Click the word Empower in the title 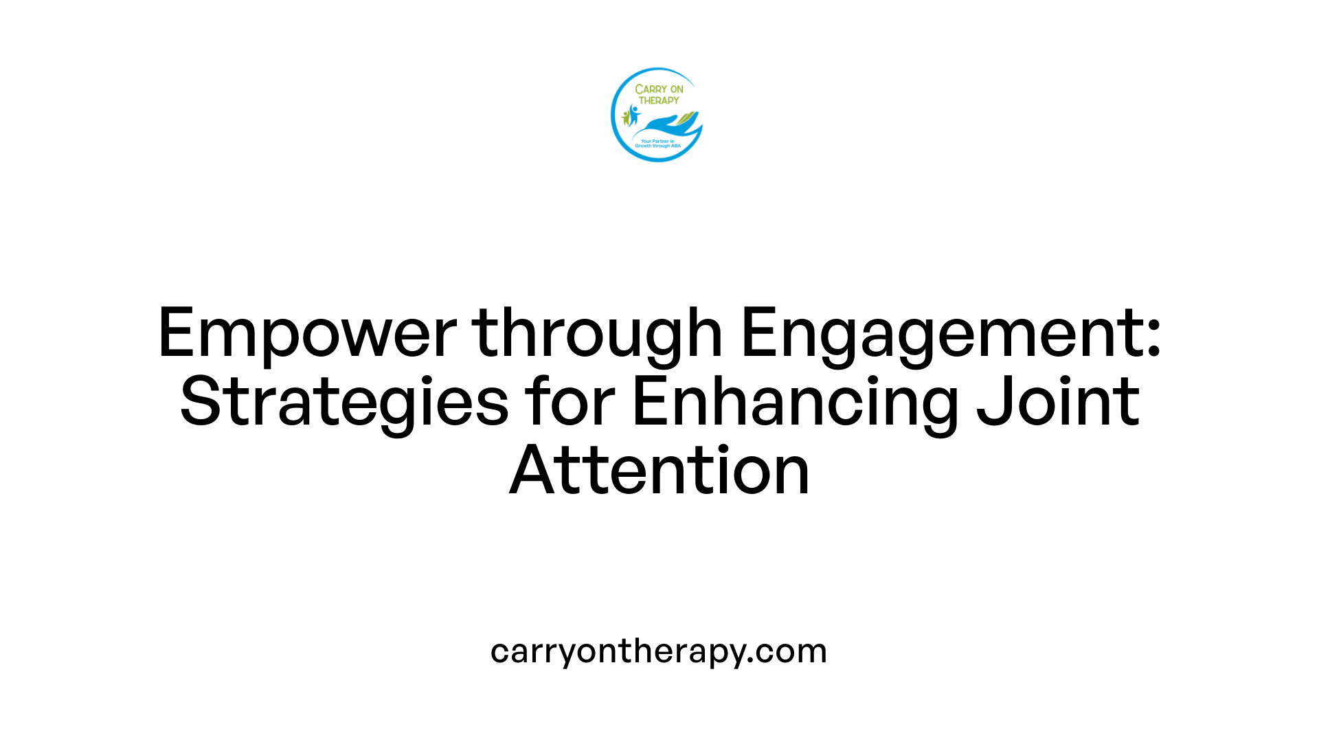pyautogui.click(x=307, y=334)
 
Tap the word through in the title pyautogui.click(x=596, y=334)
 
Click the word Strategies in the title pyautogui.click(x=344, y=403)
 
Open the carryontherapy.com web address pyautogui.click(x=659, y=651)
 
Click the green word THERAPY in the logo pyautogui.click(x=659, y=100)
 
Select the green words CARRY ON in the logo pyautogui.click(x=659, y=89)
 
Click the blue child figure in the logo pyautogui.click(x=633, y=114)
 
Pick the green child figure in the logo pyautogui.click(x=625, y=118)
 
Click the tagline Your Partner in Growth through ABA pyautogui.click(x=657, y=144)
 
